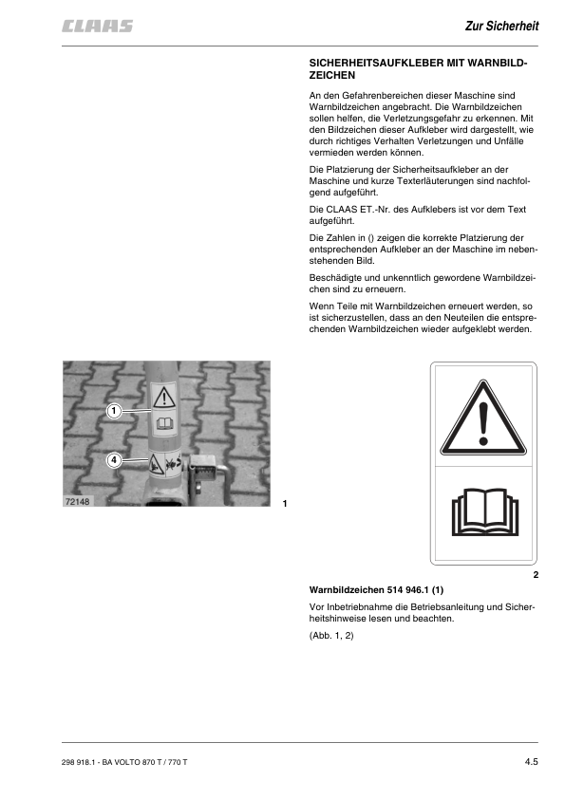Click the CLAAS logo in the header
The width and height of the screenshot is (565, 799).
98,27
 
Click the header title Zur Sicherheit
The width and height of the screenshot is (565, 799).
501,26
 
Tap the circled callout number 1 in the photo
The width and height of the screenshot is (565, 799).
114,411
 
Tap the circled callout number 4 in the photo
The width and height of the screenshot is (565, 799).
114,460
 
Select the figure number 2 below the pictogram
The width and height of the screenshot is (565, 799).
536,575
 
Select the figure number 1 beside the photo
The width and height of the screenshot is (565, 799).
285,502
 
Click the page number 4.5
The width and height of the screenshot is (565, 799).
531,762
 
